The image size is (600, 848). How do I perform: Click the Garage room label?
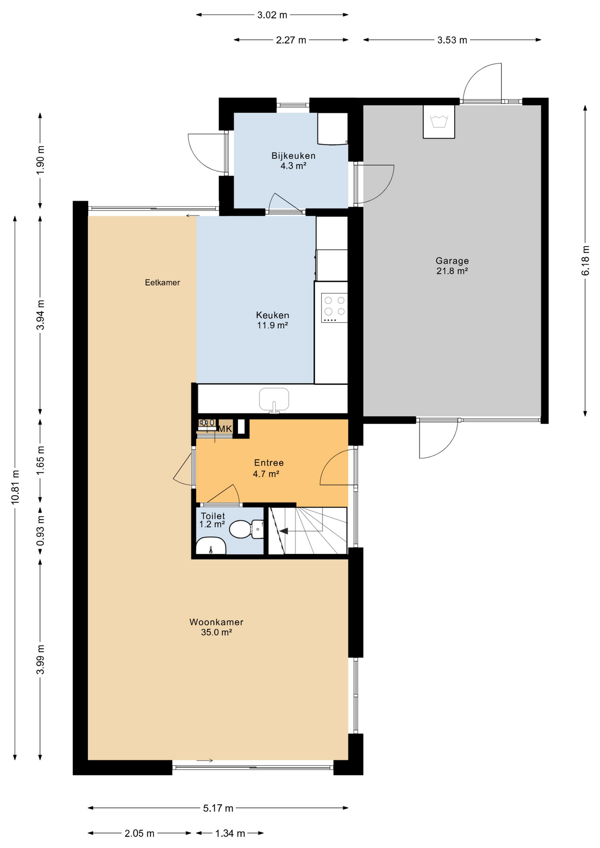(x=452, y=261)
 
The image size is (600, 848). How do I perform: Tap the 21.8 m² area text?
(x=452, y=271)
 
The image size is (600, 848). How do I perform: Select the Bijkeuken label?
(x=293, y=155)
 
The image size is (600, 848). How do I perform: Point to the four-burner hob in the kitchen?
(x=334, y=307)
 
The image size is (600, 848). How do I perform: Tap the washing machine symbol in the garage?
(x=439, y=121)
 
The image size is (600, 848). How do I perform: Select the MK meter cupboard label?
(x=225, y=429)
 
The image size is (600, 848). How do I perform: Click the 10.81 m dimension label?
(x=15, y=487)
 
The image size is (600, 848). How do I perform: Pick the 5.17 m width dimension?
(x=218, y=808)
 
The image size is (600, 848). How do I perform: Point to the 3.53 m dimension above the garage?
(x=452, y=40)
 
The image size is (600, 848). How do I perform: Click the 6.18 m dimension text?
(x=585, y=261)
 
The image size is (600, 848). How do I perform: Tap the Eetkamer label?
(x=162, y=283)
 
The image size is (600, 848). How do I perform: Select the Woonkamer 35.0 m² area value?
(x=216, y=632)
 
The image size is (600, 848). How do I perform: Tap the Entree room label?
(x=269, y=462)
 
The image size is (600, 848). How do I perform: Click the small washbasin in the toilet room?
(x=211, y=546)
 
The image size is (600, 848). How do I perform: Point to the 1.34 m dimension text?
(x=230, y=833)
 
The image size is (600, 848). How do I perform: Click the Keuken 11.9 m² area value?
(x=272, y=326)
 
